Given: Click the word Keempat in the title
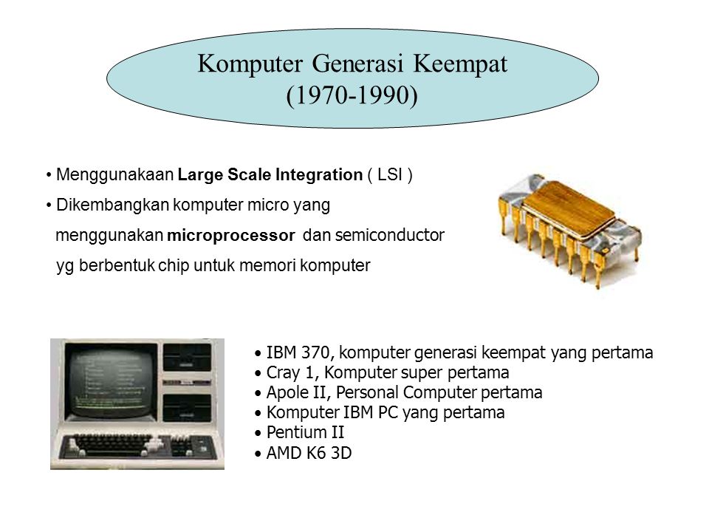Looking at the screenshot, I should pos(453,63).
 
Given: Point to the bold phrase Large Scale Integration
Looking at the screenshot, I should pos(270,175).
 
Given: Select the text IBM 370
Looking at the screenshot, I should pos(293,353).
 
